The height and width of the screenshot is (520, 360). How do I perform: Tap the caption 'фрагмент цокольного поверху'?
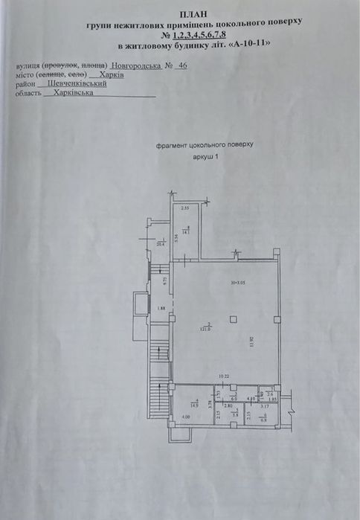tap(205, 147)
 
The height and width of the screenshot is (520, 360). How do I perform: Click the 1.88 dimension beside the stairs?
tap(160, 309)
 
